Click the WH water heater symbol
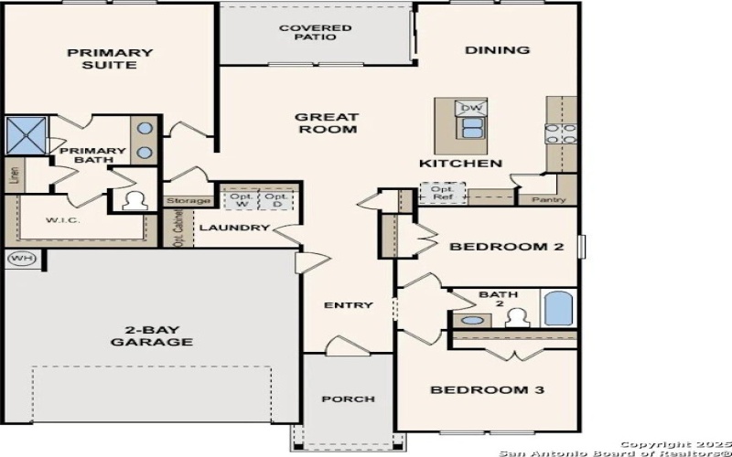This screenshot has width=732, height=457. click(20, 259)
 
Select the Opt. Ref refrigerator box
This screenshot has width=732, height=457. click(442, 194)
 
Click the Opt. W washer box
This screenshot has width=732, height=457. click(241, 200)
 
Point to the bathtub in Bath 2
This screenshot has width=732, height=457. click(558, 308)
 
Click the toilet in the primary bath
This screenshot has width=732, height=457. click(134, 200)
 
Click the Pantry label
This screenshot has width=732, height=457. click(548, 199)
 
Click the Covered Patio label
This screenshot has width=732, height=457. click(315, 33)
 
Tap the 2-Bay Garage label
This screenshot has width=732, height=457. click(152, 335)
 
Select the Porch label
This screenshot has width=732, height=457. click(348, 399)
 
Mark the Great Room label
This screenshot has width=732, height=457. click(326, 123)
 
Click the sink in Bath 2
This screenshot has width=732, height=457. click(472, 320)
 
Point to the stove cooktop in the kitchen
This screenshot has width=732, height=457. click(560, 133)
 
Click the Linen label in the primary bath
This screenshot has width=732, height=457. click(14, 175)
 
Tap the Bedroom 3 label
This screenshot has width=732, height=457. click(488, 390)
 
